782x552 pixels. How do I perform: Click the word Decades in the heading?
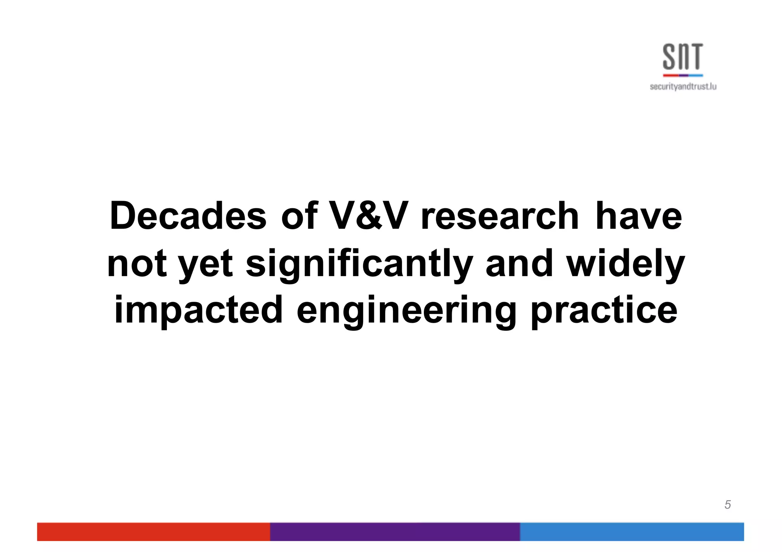(x=188, y=216)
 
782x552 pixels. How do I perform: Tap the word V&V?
(x=368, y=216)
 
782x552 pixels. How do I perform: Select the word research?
(x=500, y=216)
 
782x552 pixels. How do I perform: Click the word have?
(x=638, y=216)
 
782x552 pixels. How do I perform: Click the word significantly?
(x=359, y=264)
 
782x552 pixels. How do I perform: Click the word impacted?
(x=199, y=310)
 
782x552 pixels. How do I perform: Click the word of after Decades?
(x=299, y=216)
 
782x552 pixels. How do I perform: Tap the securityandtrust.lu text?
(x=683, y=87)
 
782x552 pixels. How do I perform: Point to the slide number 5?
(x=727, y=505)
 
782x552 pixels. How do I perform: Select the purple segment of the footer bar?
(x=395, y=531)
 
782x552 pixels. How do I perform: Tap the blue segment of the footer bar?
(x=632, y=531)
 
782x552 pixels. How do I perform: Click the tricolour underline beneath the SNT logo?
(x=683, y=75)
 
